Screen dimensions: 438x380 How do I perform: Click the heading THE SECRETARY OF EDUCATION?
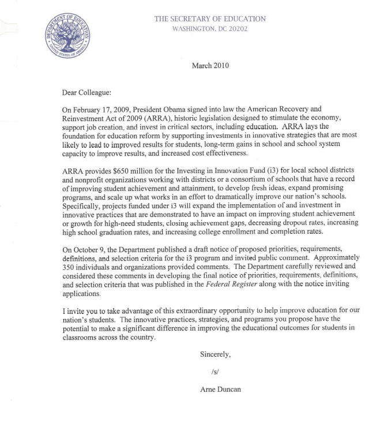(210, 19)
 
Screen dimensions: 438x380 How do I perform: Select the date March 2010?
(210, 65)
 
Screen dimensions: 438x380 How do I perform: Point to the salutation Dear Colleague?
(87, 92)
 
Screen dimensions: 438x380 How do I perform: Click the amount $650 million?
(123, 171)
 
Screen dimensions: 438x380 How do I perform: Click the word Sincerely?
(215, 354)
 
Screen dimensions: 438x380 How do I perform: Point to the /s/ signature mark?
(215, 372)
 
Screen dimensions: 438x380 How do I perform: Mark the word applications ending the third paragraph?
(83, 293)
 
